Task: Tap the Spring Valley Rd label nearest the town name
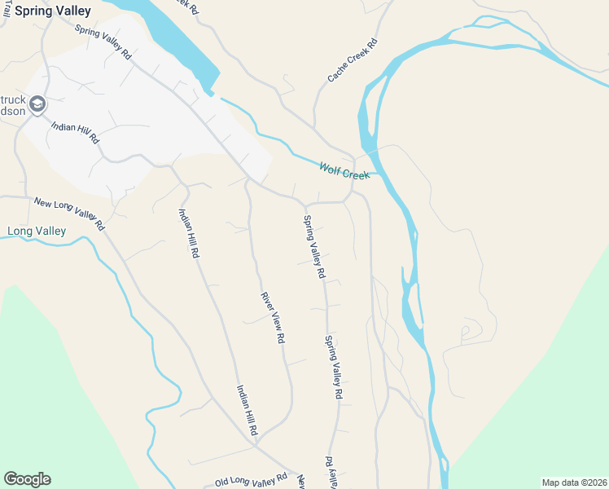[x=103, y=42]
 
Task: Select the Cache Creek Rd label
[x=353, y=60]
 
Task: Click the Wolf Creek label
[x=344, y=170]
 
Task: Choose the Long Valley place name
[x=36, y=231]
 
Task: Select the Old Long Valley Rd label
[x=251, y=480]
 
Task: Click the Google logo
[x=27, y=479]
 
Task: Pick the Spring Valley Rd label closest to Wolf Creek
[x=314, y=246]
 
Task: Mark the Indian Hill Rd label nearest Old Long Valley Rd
[x=248, y=410]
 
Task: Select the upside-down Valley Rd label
[x=331, y=472]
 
